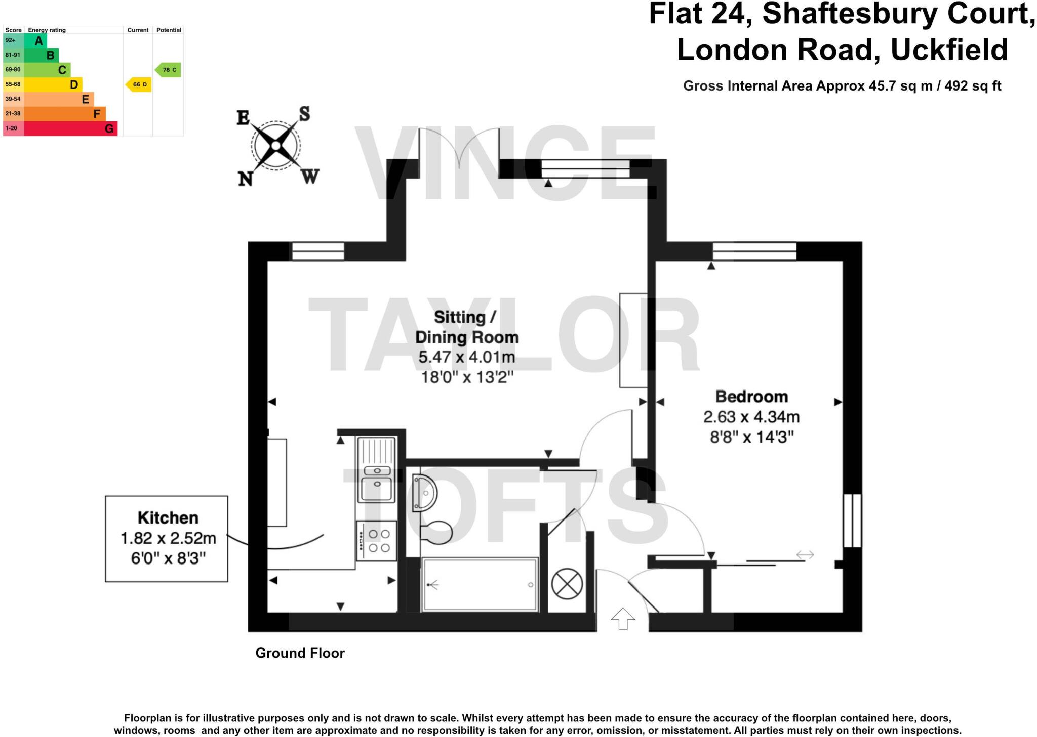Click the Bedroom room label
click(x=751, y=397)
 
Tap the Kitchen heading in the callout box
click(x=168, y=518)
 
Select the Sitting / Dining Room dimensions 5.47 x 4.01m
click(x=466, y=357)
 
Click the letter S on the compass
click(x=304, y=114)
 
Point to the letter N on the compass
click(x=246, y=179)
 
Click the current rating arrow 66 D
click(x=139, y=84)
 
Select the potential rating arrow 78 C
click(x=168, y=70)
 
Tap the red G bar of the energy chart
click(x=70, y=128)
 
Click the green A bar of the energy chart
click(x=35, y=40)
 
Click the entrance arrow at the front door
click(x=623, y=618)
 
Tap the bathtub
click(x=480, y=585)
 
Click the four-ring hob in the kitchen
click(x=377, y=541)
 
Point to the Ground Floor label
click(x=300, y=653)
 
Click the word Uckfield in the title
click(x=949, y=50)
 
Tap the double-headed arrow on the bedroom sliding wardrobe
click(x=805, y=555)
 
